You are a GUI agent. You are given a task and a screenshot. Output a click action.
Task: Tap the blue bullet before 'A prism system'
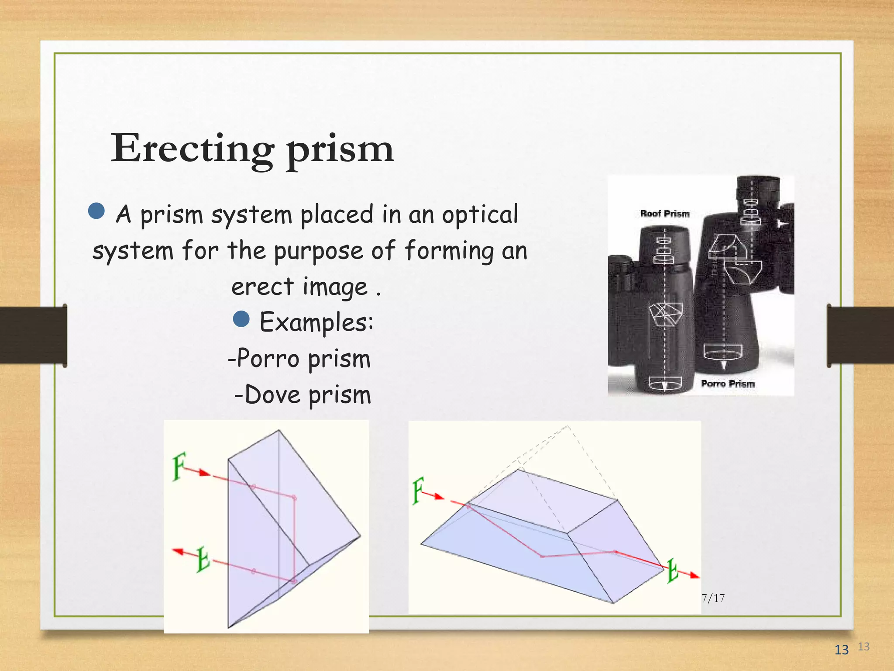pos(96,211)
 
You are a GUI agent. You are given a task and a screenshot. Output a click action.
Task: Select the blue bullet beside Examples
pos(241,319)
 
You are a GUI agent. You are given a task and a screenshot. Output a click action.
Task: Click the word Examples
pos(316,322)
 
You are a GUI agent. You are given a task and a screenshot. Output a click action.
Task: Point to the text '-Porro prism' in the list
pos(299,359)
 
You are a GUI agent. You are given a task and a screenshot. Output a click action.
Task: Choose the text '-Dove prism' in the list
pos(303,395)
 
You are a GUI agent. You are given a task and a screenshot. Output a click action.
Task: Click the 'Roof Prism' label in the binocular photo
pos(665,214)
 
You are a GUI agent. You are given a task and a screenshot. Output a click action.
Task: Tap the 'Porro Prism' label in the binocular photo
pos(728,384)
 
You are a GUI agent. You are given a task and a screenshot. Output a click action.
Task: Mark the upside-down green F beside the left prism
pos(203,559)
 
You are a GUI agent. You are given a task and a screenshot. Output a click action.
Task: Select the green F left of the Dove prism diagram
pos(418,491)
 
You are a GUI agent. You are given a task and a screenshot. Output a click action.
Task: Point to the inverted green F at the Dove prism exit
pos(673,571)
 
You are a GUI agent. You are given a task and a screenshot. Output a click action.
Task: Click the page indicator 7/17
pos(713,598)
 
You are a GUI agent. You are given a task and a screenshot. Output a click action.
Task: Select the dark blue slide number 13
pos(841,650)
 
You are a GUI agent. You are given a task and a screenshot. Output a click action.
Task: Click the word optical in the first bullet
pos(480,215)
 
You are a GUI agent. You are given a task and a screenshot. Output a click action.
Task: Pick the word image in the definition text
pos(335,287)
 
